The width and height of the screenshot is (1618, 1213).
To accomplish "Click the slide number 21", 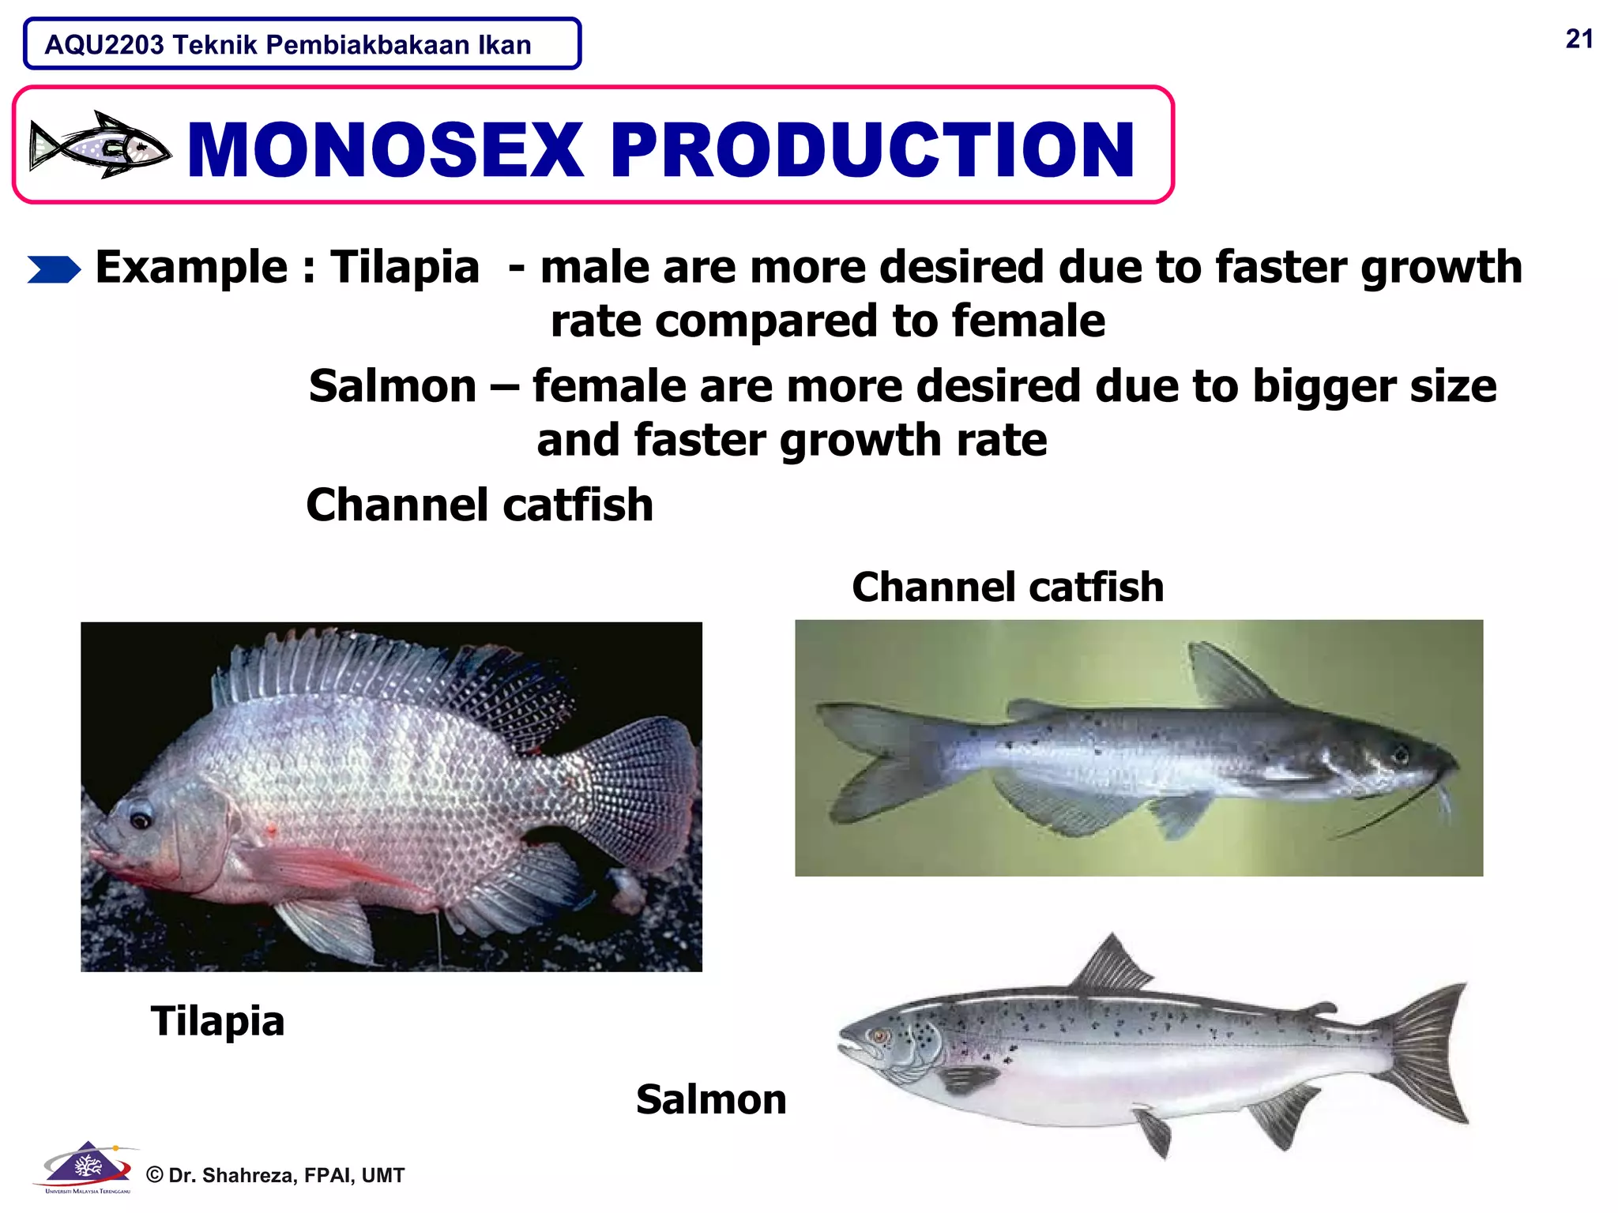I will (x=1578, y=39).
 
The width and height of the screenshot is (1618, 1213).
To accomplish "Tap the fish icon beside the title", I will (x=100, y=145).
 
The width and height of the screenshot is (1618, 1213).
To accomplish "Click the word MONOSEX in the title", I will (x=386, y=149).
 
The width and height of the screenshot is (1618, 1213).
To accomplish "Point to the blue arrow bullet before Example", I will (x=54, y=269).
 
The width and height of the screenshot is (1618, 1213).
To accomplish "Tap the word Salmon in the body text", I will (x=393, y=386).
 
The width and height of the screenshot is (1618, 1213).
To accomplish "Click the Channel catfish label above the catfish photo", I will (x=1007, y=588).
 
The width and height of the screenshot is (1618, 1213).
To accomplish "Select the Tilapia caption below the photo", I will (x=217, y=1020).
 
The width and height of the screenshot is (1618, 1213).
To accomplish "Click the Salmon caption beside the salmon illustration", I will (x=711, y=1099).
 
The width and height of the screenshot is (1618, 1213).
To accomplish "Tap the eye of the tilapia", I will (x=141, y=819).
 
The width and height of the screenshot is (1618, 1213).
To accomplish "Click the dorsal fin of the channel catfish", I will (x=1225, y=675).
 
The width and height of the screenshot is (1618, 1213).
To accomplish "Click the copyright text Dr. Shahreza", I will (x=276, y=1175).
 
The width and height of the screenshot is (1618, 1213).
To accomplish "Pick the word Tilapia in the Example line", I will (x=404, y=267).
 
